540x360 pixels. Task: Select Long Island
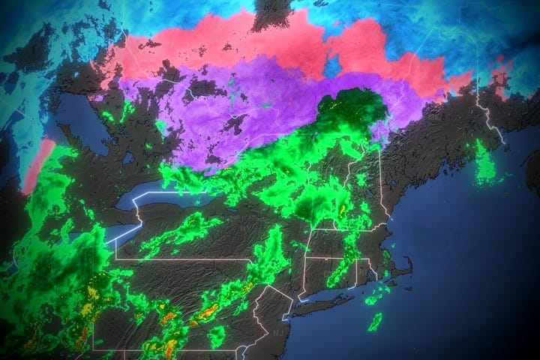click(330, 293)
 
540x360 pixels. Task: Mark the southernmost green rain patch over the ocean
click(374, 322)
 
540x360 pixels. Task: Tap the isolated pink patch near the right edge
click(499, 71)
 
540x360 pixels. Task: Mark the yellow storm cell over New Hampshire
click(343, 212)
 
